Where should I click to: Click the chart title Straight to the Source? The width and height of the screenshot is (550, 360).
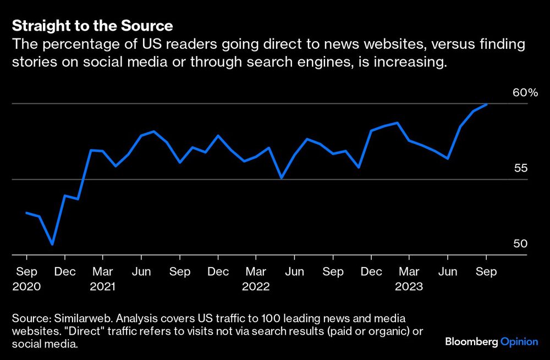coord(92,26)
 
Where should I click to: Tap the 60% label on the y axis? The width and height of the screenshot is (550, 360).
coord(525,93)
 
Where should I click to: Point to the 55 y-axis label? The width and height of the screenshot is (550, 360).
coord(520,168)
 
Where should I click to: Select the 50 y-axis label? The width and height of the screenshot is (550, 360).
coord(520,244)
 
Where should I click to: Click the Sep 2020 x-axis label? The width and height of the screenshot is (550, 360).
coord(26,279)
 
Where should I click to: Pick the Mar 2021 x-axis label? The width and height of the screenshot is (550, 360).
coord(103,279)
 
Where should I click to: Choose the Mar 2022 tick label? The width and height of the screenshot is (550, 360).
coord(256,279)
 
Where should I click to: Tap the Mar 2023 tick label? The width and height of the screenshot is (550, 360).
coord(409,279)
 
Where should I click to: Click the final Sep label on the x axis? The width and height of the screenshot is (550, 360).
coord(486,272)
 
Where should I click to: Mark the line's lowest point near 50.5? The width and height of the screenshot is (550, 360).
coord(52,244)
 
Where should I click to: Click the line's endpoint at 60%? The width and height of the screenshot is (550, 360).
coord(486,104)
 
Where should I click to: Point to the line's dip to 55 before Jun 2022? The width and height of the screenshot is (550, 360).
coord(282,178)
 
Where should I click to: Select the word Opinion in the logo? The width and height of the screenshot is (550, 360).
coord(519,342)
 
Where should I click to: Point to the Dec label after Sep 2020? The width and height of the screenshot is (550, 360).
coord(64,272)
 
